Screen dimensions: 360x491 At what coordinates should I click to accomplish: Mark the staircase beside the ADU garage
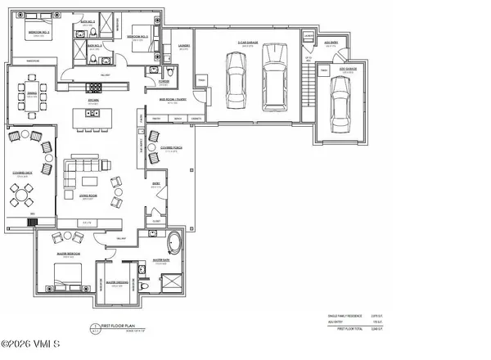(308, 92)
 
